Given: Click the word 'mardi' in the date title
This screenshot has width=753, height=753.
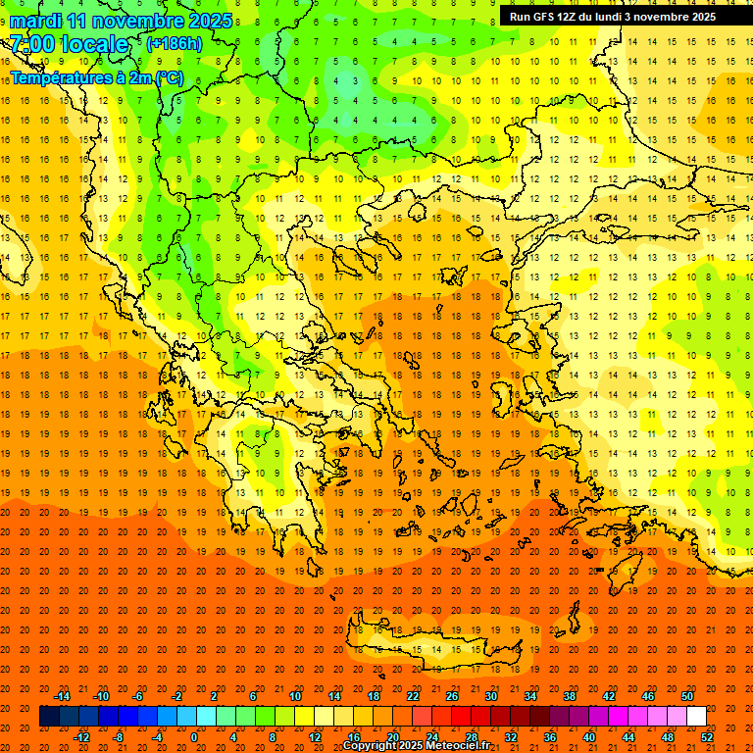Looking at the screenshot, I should click(34, 21).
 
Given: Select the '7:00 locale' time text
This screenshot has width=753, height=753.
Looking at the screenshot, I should click(69, 44).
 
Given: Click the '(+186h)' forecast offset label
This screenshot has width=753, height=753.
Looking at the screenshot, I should click(174, 44).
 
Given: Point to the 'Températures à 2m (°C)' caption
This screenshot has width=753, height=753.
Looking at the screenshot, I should click(96, 77).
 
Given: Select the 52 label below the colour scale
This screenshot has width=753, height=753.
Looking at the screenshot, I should click(707, 737).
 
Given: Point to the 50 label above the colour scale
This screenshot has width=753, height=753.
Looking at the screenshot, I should click(687, 696).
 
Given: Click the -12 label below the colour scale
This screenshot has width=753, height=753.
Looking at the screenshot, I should click(81, 737).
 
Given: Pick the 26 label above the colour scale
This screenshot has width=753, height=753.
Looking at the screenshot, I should click(452, 696).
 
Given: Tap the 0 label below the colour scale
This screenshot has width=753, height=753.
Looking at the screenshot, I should click(194, 737).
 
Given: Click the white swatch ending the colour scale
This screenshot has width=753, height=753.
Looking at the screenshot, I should click(696, 717).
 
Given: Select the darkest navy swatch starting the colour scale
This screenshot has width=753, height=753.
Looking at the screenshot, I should click(49, 717).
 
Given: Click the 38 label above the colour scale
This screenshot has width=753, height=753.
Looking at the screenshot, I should click(570, 696).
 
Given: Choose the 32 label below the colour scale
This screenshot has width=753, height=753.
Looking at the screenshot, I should click(511, 737).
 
